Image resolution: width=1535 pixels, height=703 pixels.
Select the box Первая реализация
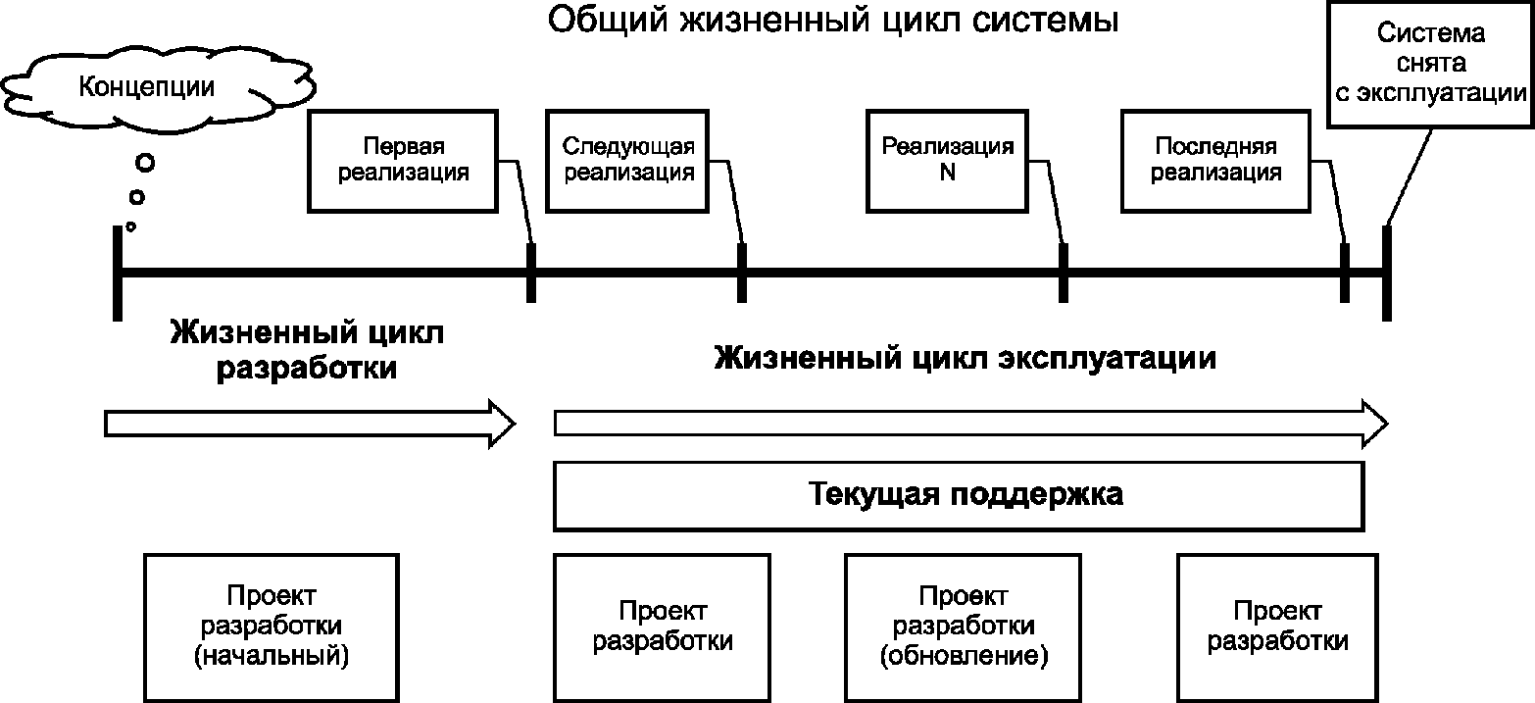[x=403, y=161]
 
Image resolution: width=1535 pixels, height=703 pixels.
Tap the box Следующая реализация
[x=628, y=161]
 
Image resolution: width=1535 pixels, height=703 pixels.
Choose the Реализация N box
[x=947, y=161]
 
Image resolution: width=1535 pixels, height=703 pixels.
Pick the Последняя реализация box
[x=1215, y=161]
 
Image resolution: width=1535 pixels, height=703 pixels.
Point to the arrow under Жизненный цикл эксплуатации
[x=970, y=423]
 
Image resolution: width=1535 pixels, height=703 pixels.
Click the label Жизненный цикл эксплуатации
[x=965, y=358]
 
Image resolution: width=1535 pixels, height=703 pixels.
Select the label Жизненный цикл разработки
[x=307, y=351]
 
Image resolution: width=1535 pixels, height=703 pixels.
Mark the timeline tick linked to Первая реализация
[x=531, y=273]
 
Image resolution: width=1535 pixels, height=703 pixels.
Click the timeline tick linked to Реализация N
[x=1063, y=273]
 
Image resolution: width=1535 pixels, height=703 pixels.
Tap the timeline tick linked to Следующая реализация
[x=742, y=273]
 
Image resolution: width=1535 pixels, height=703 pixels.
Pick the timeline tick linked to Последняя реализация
[x=1345, y=273]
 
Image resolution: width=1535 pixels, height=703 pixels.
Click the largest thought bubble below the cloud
[x=145, y=162]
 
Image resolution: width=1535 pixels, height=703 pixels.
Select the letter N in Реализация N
[x=947, y=174]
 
